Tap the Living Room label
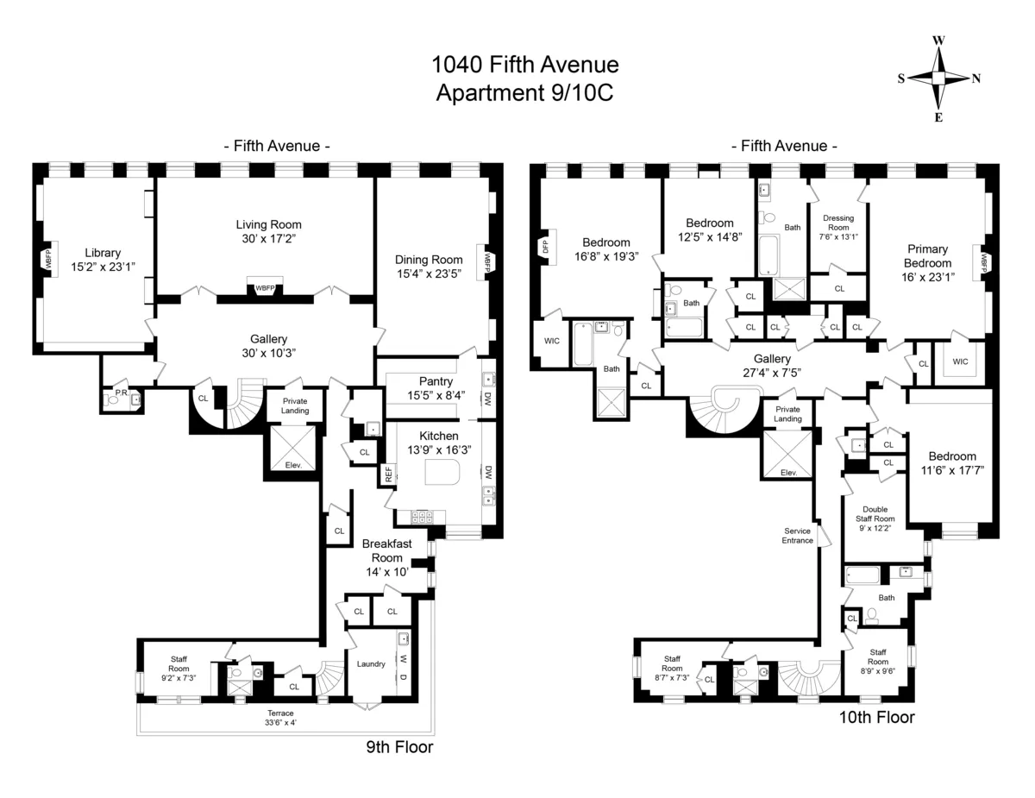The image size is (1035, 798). [268, 224]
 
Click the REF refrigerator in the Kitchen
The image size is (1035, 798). [389, 474]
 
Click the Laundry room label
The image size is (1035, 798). [369, 663]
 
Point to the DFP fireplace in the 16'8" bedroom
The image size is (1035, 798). [545, 247]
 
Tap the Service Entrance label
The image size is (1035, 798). [797, 535]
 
